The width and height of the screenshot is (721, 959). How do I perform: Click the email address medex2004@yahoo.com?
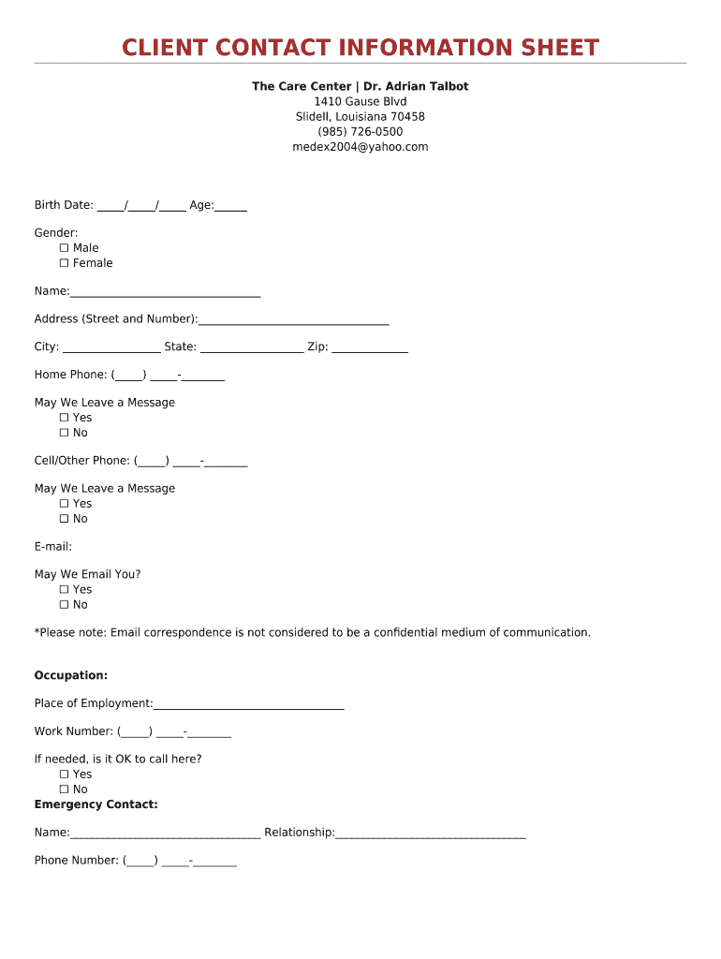point(360,147)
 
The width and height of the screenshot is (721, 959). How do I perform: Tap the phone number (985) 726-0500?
point(360,132)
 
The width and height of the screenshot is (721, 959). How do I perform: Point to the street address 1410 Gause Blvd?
point(360,101)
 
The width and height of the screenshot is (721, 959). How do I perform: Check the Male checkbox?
point(65,248)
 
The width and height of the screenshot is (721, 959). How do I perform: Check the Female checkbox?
point(65,263)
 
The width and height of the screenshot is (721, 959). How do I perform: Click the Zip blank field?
point(370,348)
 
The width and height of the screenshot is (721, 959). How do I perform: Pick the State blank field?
point(252,348)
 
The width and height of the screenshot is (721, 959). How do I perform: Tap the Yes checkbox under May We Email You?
point(65,590)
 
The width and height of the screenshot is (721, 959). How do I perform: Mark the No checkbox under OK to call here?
point(65,789)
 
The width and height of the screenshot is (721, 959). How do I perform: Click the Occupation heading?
point(71,675)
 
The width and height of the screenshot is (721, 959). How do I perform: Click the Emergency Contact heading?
point(96,804)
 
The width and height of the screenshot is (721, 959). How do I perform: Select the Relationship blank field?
point(431,834)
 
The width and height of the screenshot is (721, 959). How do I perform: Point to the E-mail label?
point(53,547)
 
